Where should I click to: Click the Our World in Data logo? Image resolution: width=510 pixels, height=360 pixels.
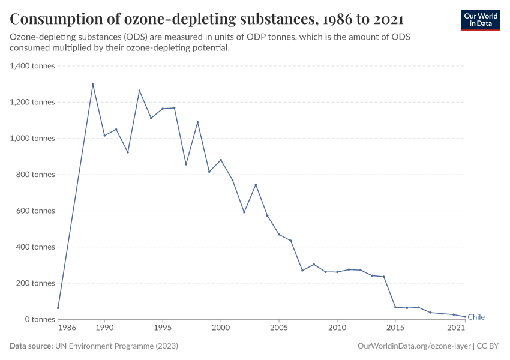pyautogui.click(x=480, y=20)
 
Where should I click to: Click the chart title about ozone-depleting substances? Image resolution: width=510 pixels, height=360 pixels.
pyautogui.click(x=206, y=19)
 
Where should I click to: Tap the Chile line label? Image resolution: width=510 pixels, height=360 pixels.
pyautogui.click(x=476, y=317)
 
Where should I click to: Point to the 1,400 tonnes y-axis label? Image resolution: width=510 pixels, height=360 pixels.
pyautogui.click(x=32, y=66)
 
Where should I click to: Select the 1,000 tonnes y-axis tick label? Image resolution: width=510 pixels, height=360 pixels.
pyautogui.click(x=32, y=138)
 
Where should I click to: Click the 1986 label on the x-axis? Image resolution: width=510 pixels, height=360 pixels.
pyautogui.click(x=67, y=328)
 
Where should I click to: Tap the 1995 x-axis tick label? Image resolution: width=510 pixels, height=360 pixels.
pyautogui.click(x=163, y=328)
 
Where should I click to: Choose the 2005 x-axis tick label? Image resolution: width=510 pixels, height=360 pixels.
pyautogui.click(x=279, y=328)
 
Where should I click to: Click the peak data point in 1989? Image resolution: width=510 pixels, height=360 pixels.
pyautogui.click(x=93, y=85)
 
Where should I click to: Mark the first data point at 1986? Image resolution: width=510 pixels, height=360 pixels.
pyautogui.click(x=58, y=308)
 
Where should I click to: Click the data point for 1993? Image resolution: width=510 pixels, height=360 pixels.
pyautogui.click(x=139, y=91)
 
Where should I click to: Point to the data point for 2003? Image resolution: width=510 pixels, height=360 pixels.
pyautogui.click(x=256, y=184)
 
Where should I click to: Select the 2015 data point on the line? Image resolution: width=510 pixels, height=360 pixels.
pyautogui.click(x=395, y=307)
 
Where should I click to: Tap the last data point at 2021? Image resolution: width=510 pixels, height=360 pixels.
pyautogui.click(x=465, y=317)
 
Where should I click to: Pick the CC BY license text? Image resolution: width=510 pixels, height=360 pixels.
pyautogui.click(x=488, y=346)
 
